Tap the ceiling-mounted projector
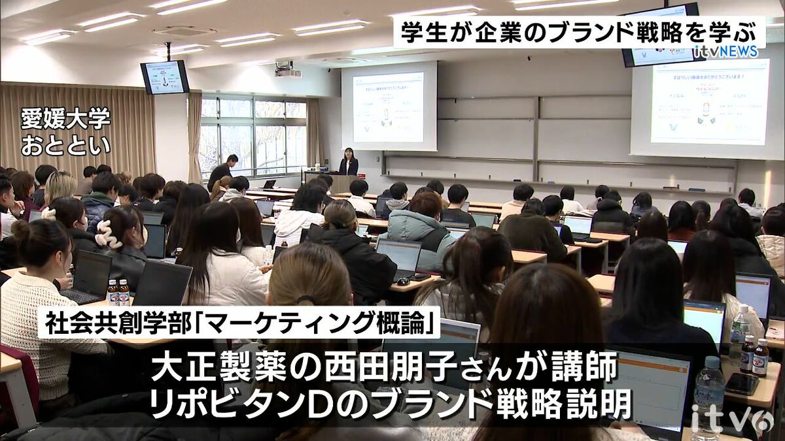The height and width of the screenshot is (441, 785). click(x=287, y=71)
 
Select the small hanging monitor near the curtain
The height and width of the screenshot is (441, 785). click(x=164, y=77)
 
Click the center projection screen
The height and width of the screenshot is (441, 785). click(x=389, y=106)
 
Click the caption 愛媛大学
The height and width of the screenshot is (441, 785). click(x=65, y=119)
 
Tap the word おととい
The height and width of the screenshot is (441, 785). click(x=65, y=145)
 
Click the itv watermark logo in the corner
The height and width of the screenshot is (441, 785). click(x=731, y=420)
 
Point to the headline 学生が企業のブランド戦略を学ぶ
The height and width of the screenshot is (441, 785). click(x=579, y=31)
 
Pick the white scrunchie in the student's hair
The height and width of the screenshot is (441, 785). click(x=109, y=234)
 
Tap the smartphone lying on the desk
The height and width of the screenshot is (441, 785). click(x=742, y=384)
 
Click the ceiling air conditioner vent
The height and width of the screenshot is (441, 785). click(x=184, y=31)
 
